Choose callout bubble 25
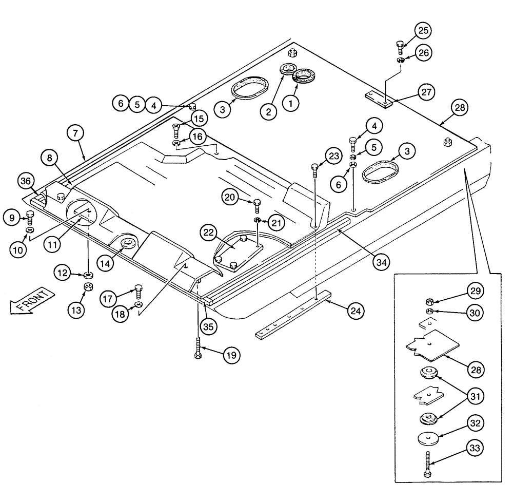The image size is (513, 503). coord(424,30)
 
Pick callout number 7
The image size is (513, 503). coord(74,133)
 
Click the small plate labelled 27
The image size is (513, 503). coord(378,98)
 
